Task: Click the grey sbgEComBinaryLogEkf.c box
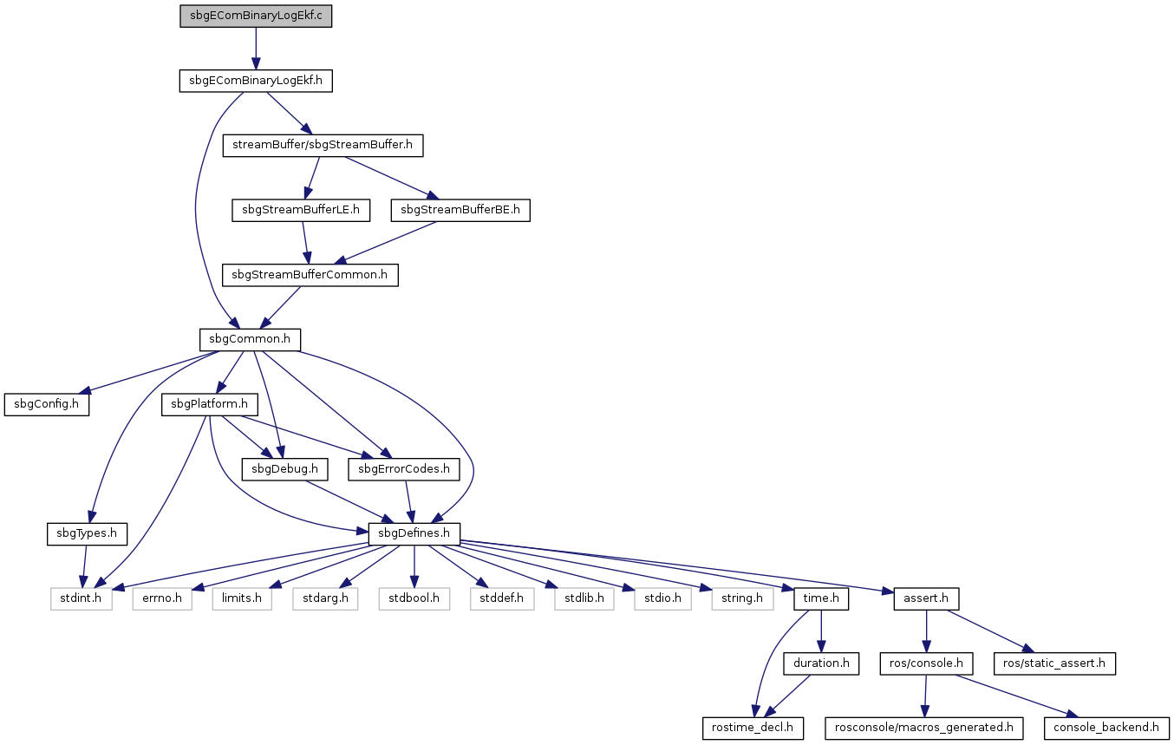256,16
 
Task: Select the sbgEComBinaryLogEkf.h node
256,81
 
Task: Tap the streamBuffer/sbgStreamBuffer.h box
323,145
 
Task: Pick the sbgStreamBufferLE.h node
301,210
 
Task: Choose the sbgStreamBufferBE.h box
460,210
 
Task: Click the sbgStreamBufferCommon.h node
310,275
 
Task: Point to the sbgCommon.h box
250,340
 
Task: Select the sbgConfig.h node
47,405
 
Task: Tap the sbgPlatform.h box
210,405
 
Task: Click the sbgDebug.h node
285,469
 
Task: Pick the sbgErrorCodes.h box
404,469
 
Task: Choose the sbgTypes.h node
87,534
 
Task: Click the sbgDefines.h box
414,534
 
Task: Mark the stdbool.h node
414,598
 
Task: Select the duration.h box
821,663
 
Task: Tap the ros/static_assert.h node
1054,663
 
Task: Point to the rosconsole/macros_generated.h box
924,729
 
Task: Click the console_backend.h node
1106,729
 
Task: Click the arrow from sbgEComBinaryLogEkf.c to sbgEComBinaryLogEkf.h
256,49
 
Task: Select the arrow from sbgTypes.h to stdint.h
84,566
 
